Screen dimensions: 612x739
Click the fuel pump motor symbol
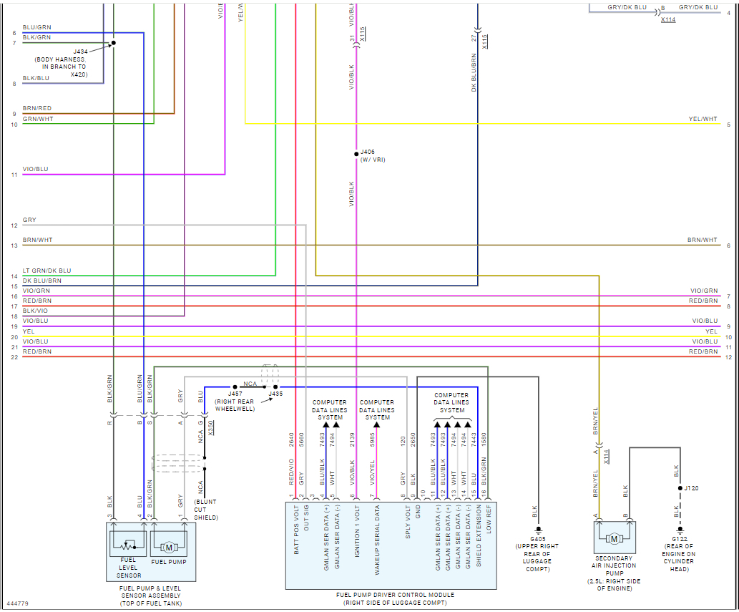click(169, 548)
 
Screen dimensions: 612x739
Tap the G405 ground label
click(537, 538)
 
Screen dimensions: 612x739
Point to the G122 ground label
click(680, 538)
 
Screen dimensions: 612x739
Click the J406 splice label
click(367, 152)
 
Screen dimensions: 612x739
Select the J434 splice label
click(80, 52)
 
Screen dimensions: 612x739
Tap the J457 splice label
click(235, 394)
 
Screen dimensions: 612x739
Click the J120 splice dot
click(680, 488)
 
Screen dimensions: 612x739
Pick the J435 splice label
click(275, 394)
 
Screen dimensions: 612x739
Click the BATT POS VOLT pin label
click(295, 533)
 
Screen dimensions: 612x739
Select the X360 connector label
click(211, 427)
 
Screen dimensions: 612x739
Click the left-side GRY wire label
click(29, 220)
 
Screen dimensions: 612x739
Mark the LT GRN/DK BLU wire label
click(47, 271)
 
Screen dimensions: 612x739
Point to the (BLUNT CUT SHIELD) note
click(206, 510)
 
